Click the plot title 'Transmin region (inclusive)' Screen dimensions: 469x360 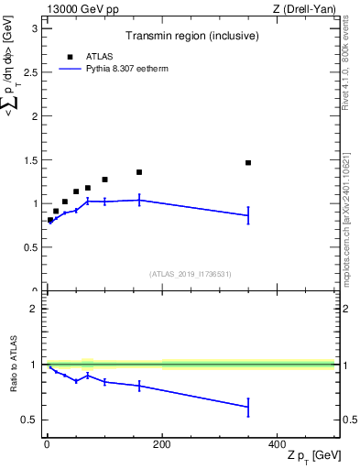190,37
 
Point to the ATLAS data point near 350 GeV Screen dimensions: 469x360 248,163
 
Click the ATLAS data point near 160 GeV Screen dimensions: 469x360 139,172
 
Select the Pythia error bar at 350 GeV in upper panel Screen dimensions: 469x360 248,215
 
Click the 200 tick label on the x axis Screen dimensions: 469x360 161,444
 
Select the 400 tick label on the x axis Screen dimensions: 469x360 277,444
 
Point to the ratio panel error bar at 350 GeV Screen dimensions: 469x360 248,407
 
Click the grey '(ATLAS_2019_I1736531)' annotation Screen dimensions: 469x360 190,273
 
